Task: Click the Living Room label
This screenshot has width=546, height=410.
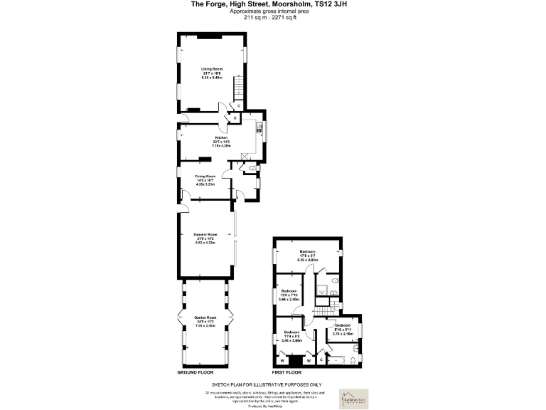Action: pyautogui.click(x=212, y=69)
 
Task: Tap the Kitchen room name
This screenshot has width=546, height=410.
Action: pyautogui.click(x=221, y=137)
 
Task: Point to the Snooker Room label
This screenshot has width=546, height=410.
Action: pyautogui.click(x=205, y=234)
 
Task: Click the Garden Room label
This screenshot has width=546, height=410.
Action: pyautogui.click(x=205, y=317)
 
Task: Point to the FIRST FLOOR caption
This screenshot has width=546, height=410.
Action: pyautogui.click(x=287, y=372)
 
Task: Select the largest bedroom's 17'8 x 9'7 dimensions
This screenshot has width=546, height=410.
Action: pyautogui.click(x=307, y=261)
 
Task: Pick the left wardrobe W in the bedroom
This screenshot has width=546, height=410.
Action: pyautogui.click(x=283, y=360)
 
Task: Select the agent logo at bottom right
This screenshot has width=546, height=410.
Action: pyautogui.click(x=353, y=395)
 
